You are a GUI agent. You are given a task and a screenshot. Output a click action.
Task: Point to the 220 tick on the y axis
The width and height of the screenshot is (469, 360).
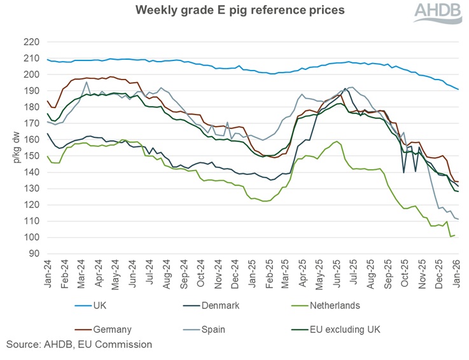pyautogui.click(x=32, y=42)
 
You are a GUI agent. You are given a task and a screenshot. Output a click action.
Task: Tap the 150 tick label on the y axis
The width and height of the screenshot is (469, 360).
pyautogui.click(x=32, y=156)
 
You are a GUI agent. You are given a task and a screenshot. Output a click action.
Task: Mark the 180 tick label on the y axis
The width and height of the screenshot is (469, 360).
pyautogui.click(x=32, y=107)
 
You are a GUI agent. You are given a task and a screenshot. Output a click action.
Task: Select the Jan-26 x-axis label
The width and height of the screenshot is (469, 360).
pyautogui.click(x=458, y=274)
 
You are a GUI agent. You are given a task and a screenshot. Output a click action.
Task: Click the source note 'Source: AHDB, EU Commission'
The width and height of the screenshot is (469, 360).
pyautogui.click(x=79, y=344)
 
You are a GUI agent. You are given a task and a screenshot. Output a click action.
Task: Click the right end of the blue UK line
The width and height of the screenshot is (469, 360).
pyautogui.click(x=458, y=89)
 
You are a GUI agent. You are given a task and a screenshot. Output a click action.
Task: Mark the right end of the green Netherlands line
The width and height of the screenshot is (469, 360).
pyautogui.click(x=454, y=235)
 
